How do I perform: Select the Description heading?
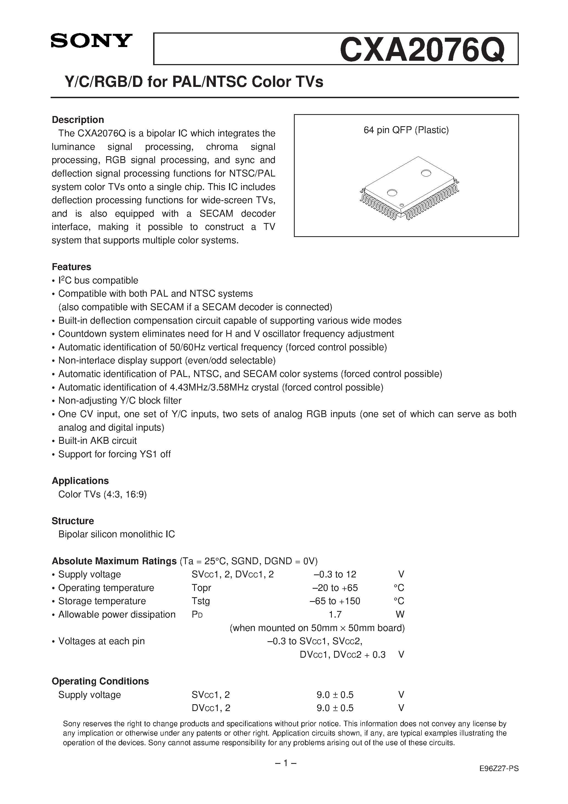(x=78, y=120)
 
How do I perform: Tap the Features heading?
(x=71, y=267)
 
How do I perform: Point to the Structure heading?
(x=73, y=521)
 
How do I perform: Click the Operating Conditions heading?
(x=100, y=681)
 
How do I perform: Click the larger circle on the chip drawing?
(x=426, y=173)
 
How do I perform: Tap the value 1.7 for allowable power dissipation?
(x=335, y=614)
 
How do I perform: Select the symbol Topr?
(x=201, y=588)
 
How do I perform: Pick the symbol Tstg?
(x=201, y=601)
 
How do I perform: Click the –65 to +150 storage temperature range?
(x=335, y=601)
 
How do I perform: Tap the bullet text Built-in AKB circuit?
(x=97, y=440)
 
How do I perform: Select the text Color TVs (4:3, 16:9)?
(x=103, y=494)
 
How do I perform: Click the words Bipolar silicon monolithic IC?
(x=117, y=534)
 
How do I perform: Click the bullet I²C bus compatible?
(x=98, y=280)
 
